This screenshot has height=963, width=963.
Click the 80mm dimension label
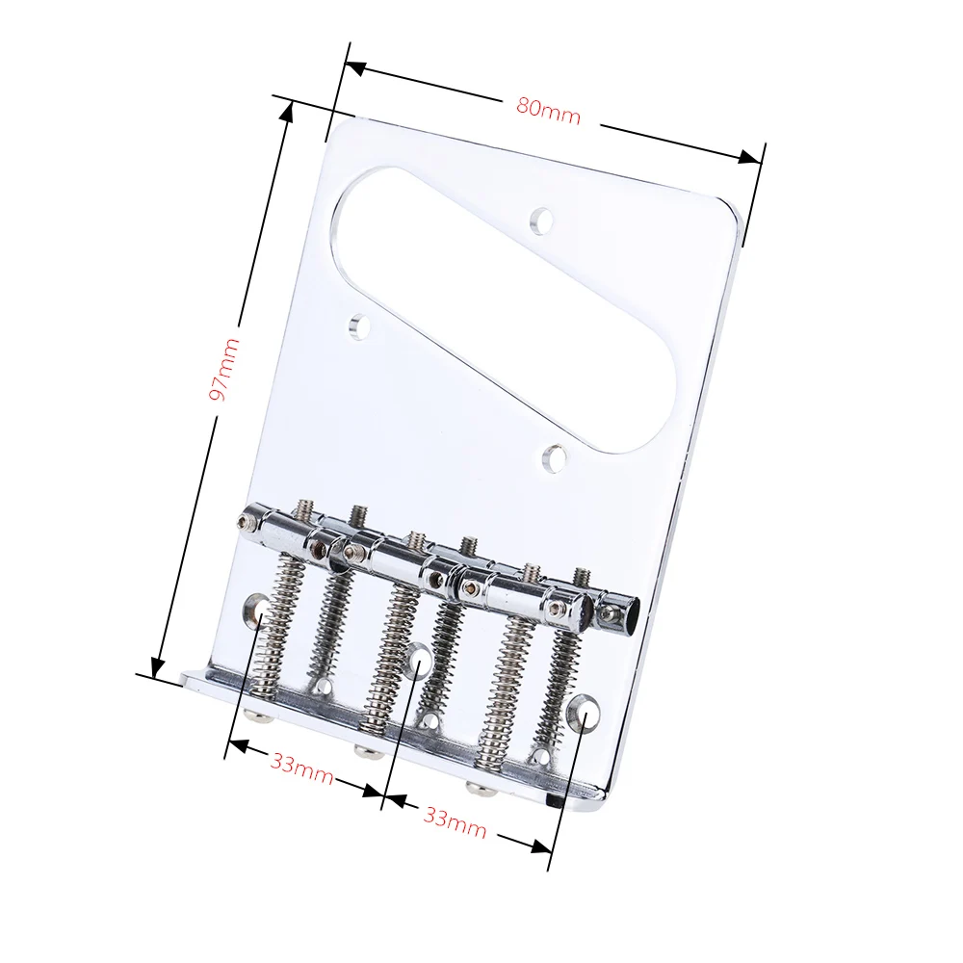click(548, 111)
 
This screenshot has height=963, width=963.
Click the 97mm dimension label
click(223, 369)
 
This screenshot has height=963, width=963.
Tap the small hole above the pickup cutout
click(542, 221)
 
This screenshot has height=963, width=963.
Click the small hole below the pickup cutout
click(557, 458)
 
